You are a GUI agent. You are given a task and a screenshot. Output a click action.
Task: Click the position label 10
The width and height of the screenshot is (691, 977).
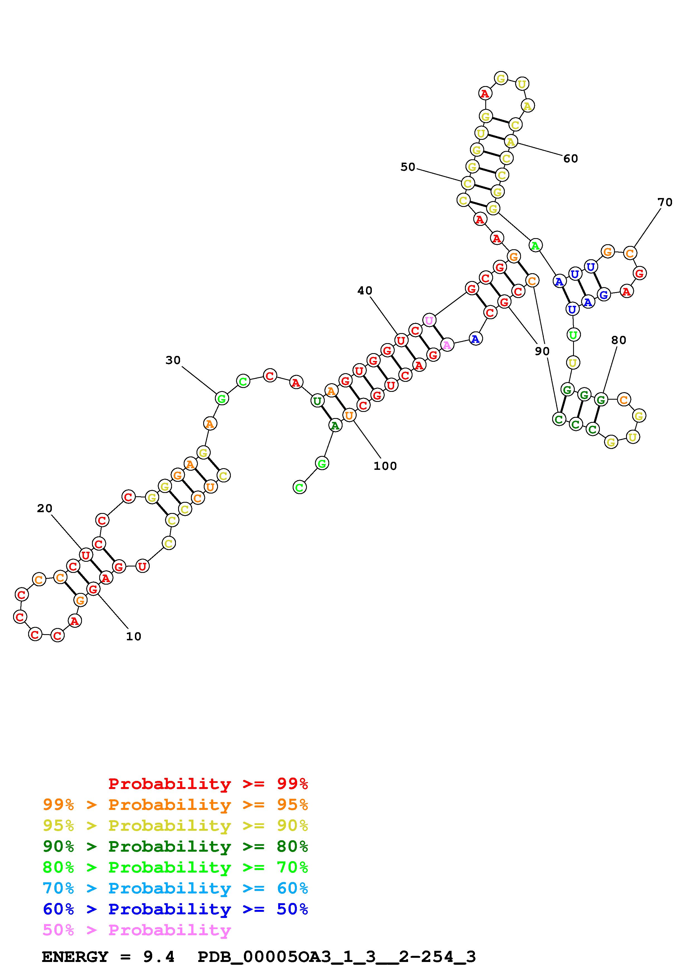coord(133,636)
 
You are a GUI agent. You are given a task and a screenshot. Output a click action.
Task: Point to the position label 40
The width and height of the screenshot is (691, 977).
coord(364,291)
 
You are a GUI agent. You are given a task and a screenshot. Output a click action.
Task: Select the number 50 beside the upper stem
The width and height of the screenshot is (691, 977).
coord(408,167)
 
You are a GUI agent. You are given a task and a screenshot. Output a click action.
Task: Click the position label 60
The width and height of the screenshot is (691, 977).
coord(571,159)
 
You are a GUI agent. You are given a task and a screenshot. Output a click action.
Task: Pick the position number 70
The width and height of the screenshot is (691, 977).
coord(665,202)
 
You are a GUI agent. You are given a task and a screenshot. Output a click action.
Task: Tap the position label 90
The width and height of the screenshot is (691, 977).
coord(542,351)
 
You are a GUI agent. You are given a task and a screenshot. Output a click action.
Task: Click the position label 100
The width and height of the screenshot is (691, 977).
coord(385,466)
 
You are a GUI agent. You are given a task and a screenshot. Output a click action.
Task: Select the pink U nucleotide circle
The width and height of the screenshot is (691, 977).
coord(429,320)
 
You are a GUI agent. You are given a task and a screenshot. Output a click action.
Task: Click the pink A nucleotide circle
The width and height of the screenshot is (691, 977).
coord(447,345)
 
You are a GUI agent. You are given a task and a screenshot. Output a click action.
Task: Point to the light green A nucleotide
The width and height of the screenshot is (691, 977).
coord(535,246)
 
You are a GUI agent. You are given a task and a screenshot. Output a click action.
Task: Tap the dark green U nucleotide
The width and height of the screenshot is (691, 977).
coord(317,400)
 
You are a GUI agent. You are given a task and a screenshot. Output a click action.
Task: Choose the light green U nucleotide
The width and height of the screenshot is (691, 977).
coord(573,335)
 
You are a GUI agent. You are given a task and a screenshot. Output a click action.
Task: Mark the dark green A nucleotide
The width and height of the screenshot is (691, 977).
coord(335,425)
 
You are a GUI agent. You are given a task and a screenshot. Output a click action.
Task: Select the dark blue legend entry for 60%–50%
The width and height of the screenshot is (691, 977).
coord(175,909)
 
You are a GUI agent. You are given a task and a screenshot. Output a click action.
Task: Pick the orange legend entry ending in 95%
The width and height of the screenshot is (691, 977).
coord(175,805)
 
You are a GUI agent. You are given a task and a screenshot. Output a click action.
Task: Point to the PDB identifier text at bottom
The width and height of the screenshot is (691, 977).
coord(336,957)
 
